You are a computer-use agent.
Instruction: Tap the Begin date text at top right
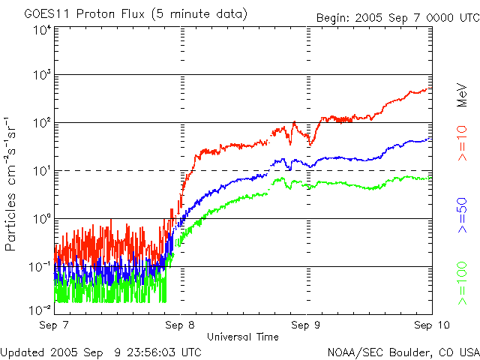[398, 18]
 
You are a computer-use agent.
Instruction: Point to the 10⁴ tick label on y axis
[42, 30]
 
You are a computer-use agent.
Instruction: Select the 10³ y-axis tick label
[42, 75]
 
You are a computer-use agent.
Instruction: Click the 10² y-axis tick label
[42, 123]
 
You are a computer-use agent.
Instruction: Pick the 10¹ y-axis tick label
[42, 171]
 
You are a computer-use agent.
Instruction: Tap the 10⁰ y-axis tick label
[42, 218]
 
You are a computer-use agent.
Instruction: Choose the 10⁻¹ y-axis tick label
[40, 267]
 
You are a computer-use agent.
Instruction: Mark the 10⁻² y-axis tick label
[40, 310]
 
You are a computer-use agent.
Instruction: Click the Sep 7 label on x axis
[54, 325]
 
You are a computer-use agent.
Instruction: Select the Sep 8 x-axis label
[180, 325]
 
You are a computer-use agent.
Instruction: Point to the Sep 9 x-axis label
[305, 325]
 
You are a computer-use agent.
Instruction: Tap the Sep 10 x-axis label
[432, 325]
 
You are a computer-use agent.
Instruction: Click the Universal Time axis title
[243, 337]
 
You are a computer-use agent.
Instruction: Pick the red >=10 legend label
[462, 143]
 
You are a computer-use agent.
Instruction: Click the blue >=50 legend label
[462, 215]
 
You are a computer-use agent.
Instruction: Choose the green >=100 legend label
[462, 283]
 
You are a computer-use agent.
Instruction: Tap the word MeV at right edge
[462, 95]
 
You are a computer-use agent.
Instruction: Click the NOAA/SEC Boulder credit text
[403, 352]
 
